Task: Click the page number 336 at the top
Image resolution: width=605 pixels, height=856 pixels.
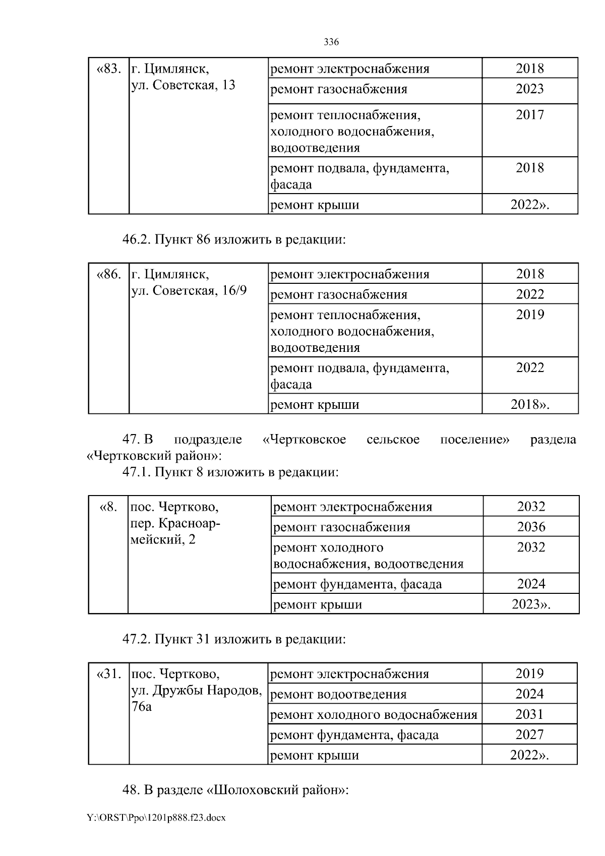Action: [331, 42]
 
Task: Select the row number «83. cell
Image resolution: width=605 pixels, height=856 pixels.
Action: [108, 69]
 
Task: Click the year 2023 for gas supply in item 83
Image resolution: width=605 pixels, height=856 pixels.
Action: [529, 89]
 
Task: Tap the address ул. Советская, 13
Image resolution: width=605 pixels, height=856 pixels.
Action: [183, 85]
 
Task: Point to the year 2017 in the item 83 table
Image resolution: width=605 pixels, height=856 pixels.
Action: [529, 115]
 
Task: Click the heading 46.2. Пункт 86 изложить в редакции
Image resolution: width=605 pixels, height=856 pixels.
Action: [234, 239]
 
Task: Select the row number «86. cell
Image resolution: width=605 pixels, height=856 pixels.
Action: [108, 274]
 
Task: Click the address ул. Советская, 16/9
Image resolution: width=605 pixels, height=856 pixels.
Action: [189, 290]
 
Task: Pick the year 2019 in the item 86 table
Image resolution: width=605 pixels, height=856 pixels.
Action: [530, 315]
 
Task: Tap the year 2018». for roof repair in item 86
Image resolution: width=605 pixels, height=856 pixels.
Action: [530, 404]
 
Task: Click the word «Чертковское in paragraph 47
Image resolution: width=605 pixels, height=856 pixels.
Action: [305, 439]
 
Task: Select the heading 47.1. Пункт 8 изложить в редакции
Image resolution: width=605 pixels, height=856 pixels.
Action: [230, 472]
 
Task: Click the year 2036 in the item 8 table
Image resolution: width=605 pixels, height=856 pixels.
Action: [531, 527]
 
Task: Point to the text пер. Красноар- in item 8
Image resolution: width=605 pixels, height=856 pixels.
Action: [175, 523]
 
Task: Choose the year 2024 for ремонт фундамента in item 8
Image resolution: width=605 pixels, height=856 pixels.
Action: [531, 584]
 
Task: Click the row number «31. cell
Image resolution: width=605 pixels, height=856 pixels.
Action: [108, 674]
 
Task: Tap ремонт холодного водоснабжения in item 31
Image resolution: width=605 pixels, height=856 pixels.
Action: [374, 714]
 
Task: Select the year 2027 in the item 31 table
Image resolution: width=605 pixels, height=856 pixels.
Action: [529, 735]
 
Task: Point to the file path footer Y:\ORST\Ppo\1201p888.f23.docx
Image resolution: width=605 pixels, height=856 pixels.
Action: [156, 818]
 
